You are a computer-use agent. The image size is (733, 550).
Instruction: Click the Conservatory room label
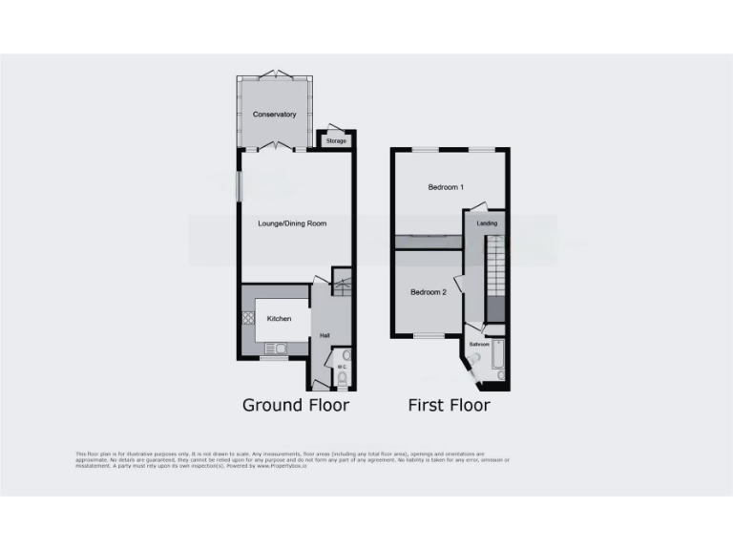click(274, 115)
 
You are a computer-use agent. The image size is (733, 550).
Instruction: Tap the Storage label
click(336, 141)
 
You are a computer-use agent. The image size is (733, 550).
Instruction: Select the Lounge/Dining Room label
click(292, 223)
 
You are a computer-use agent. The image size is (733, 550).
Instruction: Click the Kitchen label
click(279, 318)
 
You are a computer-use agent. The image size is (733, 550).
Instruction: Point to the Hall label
click(325, 335)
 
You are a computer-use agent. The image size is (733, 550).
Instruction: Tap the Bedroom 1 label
click(445, 187)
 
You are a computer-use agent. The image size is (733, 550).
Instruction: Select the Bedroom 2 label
click(428, 292)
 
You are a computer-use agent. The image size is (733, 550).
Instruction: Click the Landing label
click(487, 223)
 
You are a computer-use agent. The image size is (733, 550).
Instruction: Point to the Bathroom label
click(478, 344)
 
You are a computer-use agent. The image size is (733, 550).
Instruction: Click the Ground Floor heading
click(295, 405)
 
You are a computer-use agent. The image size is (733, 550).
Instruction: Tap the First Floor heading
click(449, 405)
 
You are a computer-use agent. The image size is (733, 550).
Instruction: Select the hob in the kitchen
click(247, 320)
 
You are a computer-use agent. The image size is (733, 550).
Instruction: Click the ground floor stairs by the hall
click(342, 284)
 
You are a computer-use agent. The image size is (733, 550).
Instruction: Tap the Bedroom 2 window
click(429, 336)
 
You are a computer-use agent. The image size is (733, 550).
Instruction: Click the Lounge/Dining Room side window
click(240, 185)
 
